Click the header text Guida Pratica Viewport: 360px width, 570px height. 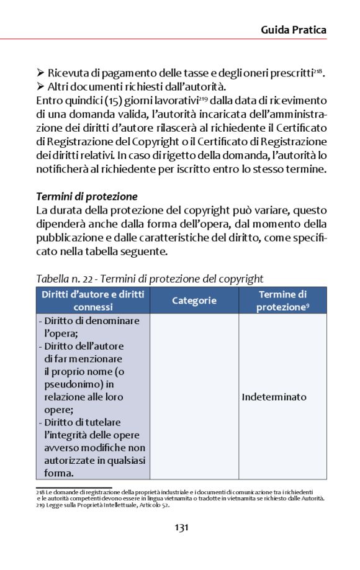pos(294,30)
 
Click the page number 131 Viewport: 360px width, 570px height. pos(181,528)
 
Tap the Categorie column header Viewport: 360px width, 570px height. pos(194,301)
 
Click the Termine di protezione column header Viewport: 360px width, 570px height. pos(283,301)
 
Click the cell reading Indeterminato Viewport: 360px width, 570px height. pos(274,397)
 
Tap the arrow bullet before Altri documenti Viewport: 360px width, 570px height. pos(41,87)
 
